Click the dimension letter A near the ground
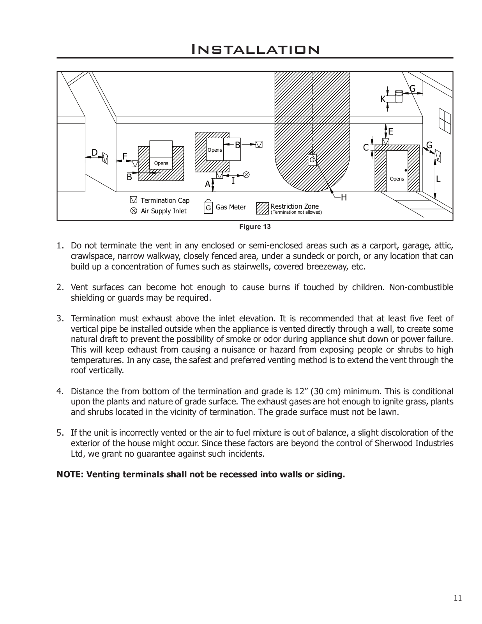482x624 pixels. [208, 184]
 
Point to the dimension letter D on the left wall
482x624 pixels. [94, 152]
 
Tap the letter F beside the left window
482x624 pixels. [125, 156]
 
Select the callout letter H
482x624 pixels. [344, 198]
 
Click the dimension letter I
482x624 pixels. [233, 181]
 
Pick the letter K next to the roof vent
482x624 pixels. [383, 99]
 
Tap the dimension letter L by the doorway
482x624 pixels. [438, 179]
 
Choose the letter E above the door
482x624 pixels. [390, 132]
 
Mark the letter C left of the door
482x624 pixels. [366, 148]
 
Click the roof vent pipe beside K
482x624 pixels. [398, 96]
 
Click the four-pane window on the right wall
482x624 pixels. [444, 119]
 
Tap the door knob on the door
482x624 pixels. [406, 170]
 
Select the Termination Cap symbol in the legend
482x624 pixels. [134, 200]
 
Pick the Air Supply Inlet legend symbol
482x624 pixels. [134, 211]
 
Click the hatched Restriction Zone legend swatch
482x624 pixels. [263, 208]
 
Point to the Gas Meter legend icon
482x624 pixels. [208, 207]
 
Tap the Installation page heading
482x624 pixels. [255, 50]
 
